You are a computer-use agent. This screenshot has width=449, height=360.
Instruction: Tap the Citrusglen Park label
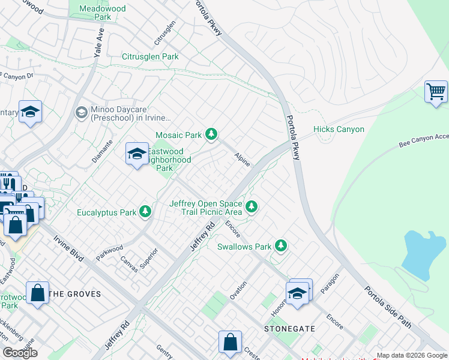[150, 57]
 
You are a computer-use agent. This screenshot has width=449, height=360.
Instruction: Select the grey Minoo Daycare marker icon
[81, 112]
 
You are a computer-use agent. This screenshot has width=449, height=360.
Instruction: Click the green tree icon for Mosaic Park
[211, 134]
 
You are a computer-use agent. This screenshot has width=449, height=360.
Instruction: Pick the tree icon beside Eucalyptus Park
[145, 212]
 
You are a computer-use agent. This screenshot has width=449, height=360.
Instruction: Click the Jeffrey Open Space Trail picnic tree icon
[252, 207]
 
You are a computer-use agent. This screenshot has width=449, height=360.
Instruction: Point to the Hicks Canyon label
[339, 129]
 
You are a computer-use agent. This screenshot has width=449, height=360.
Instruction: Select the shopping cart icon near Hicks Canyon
[436, 92]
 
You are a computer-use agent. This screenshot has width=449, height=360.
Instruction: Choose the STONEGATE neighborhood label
[285, 329]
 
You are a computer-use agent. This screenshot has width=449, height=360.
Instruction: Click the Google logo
[20, 353]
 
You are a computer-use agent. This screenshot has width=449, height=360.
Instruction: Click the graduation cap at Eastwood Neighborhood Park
[137, 154]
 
